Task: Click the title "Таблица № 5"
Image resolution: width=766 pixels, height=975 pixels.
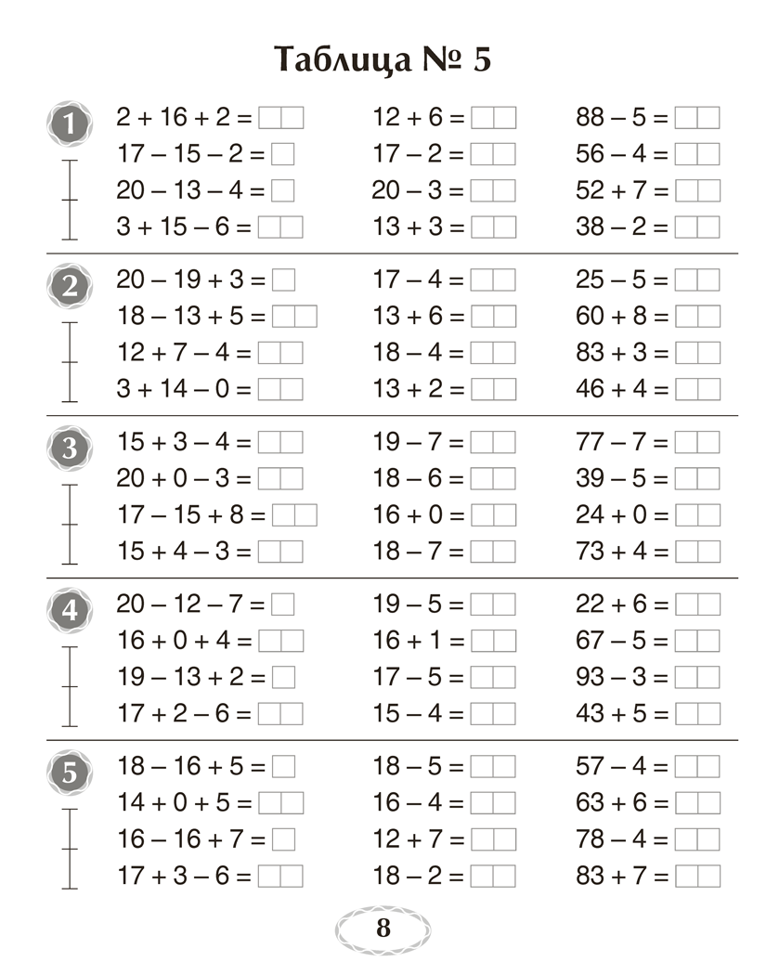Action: (x=383, y=60)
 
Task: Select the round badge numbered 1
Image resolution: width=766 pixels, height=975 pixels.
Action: (x=70, y=123)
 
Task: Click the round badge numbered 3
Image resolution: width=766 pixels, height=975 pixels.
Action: (x=70, y=448)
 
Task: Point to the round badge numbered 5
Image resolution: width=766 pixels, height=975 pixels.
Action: (x=70, y=772)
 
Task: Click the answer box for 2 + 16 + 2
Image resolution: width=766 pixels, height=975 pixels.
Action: (x=280, y=118)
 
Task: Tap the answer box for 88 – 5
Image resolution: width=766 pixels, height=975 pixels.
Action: (x=696, y=118)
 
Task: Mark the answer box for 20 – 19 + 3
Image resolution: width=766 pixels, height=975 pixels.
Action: (x=283, y=279)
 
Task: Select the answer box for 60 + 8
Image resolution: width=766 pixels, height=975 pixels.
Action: (x=696, y=316)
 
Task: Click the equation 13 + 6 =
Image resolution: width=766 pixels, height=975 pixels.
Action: (x=418, y=316)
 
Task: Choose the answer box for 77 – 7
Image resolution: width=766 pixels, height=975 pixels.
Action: (x=696, y=442)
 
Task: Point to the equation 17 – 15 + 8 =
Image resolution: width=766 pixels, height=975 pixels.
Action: (x=190, y=514)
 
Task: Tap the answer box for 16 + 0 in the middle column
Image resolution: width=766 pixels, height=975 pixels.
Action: (x=493, y=514)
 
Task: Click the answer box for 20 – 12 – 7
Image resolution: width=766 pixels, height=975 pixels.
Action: (x=283, y=604)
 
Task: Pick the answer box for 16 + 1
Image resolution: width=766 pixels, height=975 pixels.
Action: (x=493, y=641)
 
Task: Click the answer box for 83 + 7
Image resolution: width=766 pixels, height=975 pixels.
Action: (x=696, y=876)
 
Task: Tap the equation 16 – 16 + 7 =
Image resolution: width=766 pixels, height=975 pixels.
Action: (x=190, y=839)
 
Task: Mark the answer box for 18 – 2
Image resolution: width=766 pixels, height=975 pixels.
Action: (x=493, y=876)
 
